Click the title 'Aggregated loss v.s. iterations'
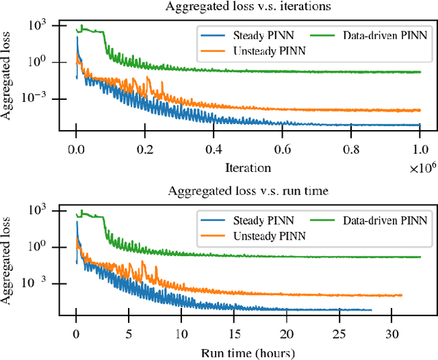(x=247, y=7)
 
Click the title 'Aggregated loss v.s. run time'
(x=247, y=192)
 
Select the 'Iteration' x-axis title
(x=247, y=167)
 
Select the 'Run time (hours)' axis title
(x=247, y=352)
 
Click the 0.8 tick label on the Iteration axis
(x=350, y=148)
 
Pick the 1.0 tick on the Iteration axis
(x=419, y=148)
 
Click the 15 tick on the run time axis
(x=233, y=335)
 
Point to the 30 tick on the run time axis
(x=391, y=335)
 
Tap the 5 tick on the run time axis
(x=129, y=335)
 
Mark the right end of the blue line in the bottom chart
(x=371, y=310)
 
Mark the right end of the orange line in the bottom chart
(x=402, y=296)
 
